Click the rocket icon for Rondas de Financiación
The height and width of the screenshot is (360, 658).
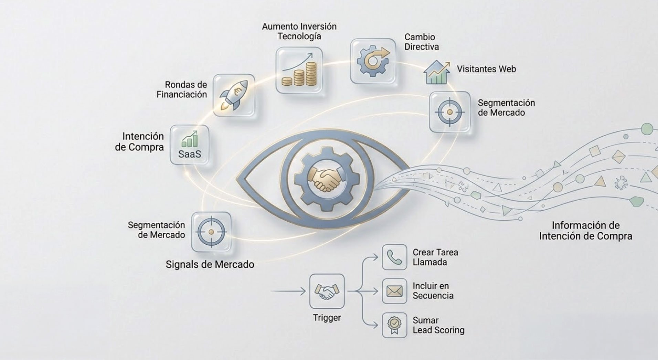[x=234, y=95]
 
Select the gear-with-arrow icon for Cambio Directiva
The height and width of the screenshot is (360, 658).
[x=373, y=61]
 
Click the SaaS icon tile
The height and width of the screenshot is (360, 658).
[x=190, y=145]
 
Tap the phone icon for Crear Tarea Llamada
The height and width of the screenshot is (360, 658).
[x=394, y=257]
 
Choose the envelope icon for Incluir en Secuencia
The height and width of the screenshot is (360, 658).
[x=394, y=291]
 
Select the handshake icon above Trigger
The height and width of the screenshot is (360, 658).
[x=327, y=291]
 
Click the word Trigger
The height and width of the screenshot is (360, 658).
[x=327, y=318]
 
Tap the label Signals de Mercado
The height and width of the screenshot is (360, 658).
[x=210, y=264]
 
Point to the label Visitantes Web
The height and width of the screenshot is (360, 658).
[x=486, y=69]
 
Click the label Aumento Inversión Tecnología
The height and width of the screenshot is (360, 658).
[x=299, y=31]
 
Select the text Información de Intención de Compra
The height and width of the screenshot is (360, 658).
[x=585, y=231]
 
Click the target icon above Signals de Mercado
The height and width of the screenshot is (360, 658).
[x=211, y=232]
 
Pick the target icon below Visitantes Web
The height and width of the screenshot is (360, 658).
[x=449, y=112]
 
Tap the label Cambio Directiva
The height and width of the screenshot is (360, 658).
[x=422, y=42]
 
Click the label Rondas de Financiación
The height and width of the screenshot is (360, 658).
[x=182, y=89]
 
